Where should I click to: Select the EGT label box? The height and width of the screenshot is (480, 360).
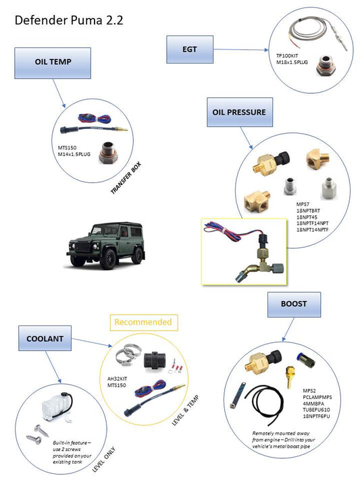point(190,50)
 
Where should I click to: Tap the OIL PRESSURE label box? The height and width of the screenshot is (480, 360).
point(240,112)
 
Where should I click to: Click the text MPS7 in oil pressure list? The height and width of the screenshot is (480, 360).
point(303,204)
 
